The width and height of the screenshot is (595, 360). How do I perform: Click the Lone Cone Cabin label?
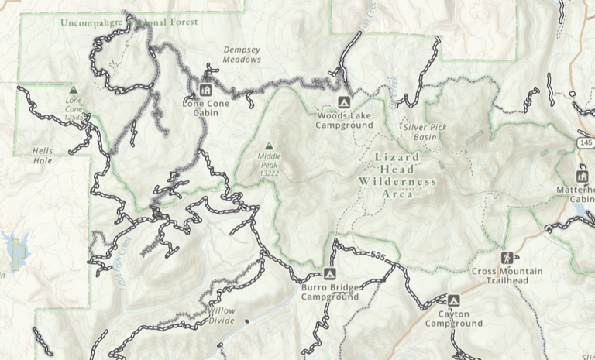tap(201, 108)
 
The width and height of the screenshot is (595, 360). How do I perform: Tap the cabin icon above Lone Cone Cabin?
tap(205, 89)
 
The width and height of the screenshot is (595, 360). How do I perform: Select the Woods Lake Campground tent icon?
tap(344, 102)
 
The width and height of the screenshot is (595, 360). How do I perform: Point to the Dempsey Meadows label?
tap(242, 54)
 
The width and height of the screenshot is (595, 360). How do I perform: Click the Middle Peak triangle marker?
tap(269, 146)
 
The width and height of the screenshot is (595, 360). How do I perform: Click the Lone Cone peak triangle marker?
tap(74, 90)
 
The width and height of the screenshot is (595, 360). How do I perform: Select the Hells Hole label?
tap(45, 156)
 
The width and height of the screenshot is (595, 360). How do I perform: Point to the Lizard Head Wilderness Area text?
tap(397, 175)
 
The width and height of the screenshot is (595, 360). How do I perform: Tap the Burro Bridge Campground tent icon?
tap(329, 274)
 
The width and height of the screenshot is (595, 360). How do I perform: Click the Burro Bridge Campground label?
tap(329, 292)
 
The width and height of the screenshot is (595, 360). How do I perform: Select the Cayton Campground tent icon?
tap(453, 300)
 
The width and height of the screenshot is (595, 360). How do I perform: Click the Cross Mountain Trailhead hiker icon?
tap(507, 257)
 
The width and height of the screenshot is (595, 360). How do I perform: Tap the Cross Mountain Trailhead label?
tap(507, 276)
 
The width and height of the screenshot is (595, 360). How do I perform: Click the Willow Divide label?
tap(221, 315)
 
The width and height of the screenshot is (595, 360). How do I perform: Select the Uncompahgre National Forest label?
tap(129, 22)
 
